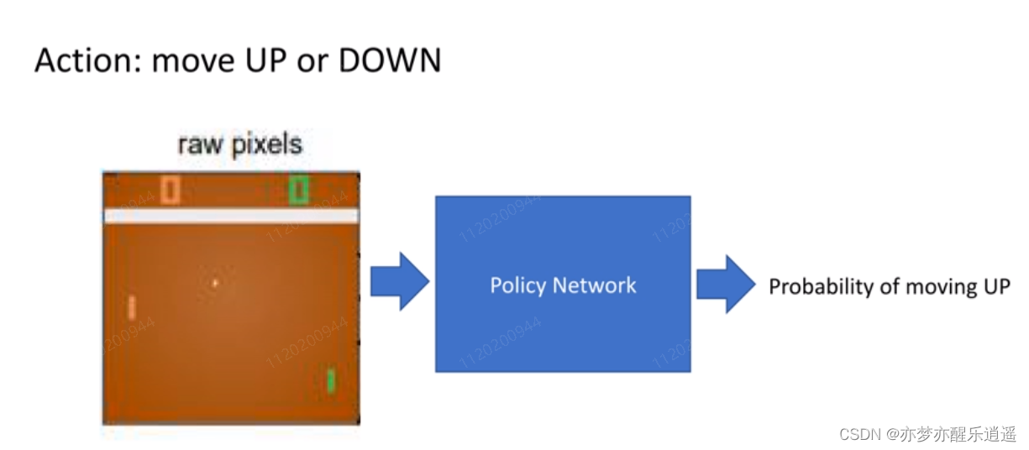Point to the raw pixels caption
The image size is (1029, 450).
[239, 145]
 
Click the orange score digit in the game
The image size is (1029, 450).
[171, 190]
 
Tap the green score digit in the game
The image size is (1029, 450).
[298, 190]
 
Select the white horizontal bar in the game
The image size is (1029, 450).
[231, 217]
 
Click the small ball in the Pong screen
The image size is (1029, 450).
[215, 283]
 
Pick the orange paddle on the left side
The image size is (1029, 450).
[132, 308]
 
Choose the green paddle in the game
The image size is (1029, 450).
[331, 380]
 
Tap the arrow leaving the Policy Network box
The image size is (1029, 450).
[725, 285]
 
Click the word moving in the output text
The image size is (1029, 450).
[937, 287]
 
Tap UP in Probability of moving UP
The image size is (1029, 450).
[995, 287]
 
